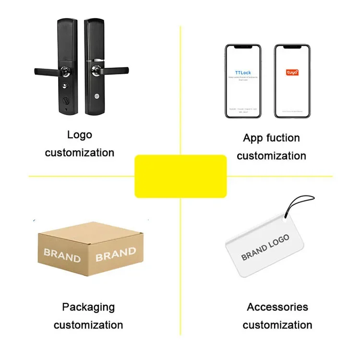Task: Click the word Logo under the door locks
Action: [79, 135]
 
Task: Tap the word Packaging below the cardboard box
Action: [88, 307]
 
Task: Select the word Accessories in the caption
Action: [277, 307]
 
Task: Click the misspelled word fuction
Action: [285, 138]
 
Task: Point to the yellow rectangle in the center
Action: [180, 176]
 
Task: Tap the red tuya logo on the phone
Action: [292, 72]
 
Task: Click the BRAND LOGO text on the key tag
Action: [265, 247]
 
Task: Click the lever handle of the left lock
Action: [46, 71]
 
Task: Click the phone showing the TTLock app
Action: [243, 81]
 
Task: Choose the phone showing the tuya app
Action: [292, 81]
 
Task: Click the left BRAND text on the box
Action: [62, 255]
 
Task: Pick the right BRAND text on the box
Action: [115, 253]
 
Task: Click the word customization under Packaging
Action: [88, 325]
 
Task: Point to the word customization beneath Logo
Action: [80, 153]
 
